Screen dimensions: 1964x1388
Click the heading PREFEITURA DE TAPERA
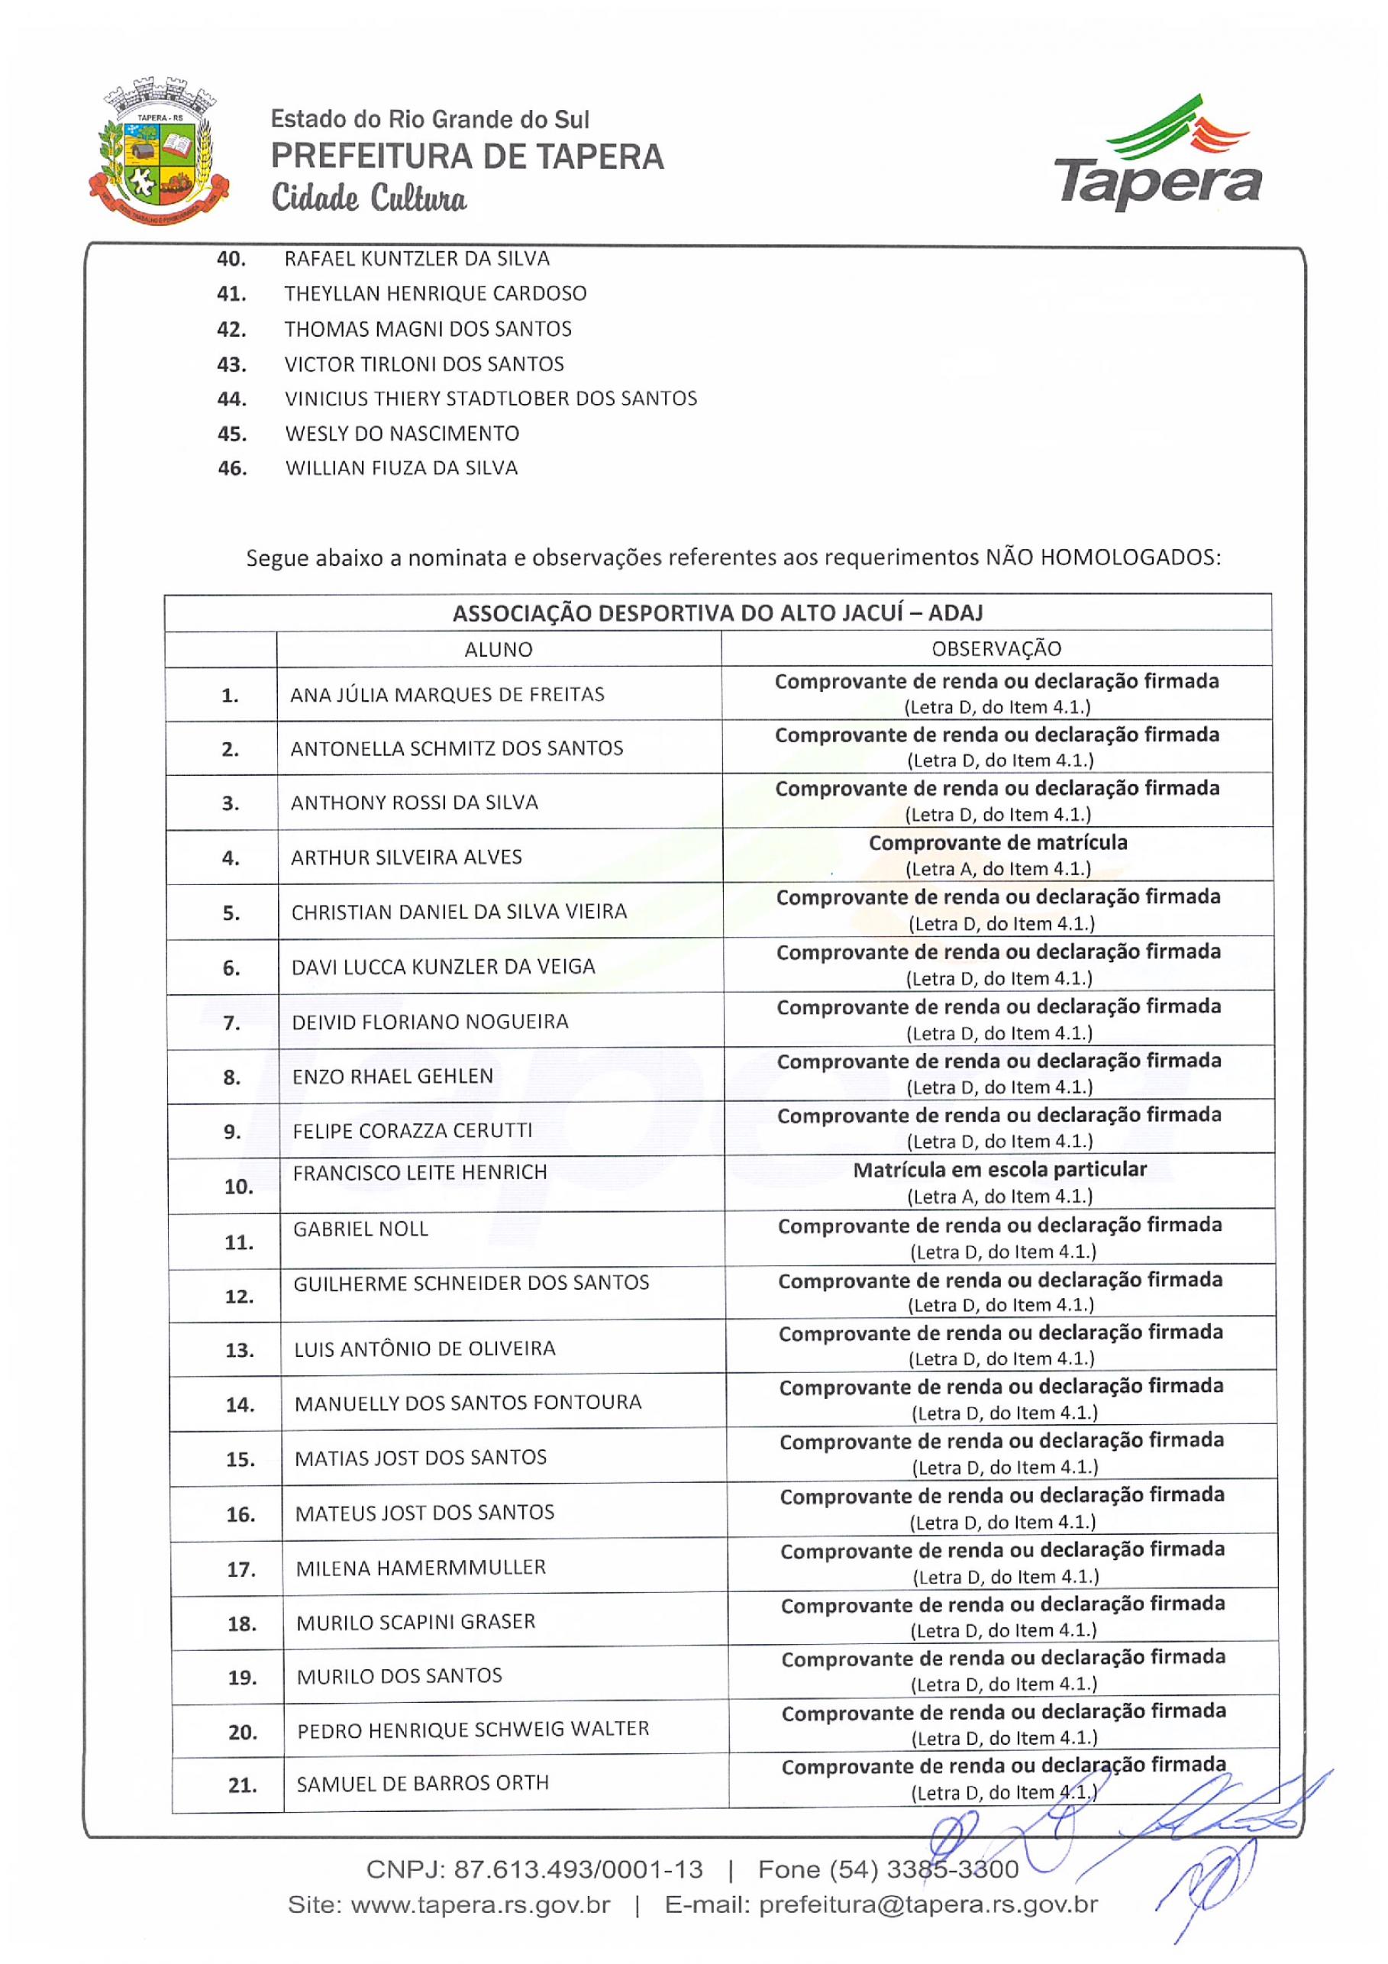[467, 157]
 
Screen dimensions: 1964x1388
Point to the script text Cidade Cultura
[369, 199]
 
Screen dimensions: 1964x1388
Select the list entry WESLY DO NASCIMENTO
[402, 434]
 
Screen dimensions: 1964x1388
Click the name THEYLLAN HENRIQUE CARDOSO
[435, 293]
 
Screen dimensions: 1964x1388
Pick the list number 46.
[232, 469]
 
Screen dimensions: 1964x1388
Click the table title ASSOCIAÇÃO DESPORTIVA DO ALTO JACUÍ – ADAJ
[717, 613]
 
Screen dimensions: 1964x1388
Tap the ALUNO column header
[498, 649]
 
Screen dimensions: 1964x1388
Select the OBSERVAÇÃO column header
[996, 649]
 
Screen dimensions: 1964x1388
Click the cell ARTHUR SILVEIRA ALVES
[406, 857]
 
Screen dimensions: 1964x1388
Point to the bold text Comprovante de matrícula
[997, 842]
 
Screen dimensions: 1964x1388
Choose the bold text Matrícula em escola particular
[999, 1169]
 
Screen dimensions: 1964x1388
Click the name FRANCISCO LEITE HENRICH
[419, 1173]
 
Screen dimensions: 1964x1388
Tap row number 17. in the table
[240, 1570]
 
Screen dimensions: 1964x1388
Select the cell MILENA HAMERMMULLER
[421, 1568]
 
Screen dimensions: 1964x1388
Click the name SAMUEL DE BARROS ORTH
[422, 1784]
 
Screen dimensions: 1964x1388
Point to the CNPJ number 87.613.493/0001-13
[578, 1869]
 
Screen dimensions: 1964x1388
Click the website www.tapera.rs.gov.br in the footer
[481, 1905]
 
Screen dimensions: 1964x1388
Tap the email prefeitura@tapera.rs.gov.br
[928, 1905]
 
